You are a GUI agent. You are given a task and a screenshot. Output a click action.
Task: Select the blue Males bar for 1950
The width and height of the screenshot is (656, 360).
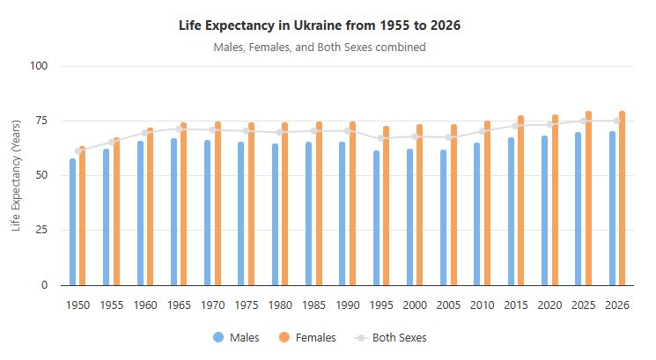(73, 222)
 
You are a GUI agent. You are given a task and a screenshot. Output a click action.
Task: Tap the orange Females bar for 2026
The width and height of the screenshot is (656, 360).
(623, 198)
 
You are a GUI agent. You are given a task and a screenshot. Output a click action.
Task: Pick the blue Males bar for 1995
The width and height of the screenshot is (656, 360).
(377, 218)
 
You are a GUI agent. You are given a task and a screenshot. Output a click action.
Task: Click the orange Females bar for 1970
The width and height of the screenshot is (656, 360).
(217, 203)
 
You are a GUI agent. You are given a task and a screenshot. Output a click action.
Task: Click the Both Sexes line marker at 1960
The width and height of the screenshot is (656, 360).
(145, 133)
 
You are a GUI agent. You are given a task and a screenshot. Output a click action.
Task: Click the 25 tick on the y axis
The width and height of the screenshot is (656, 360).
(51, 230)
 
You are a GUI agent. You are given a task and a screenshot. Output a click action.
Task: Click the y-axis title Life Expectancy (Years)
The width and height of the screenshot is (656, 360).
(16, 176)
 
